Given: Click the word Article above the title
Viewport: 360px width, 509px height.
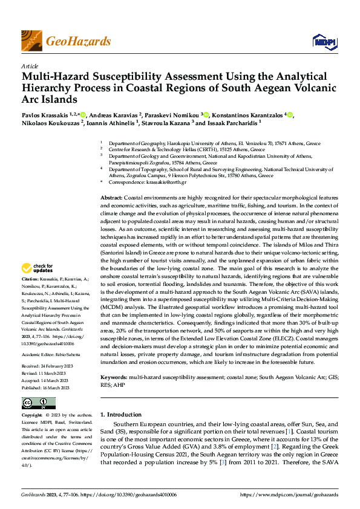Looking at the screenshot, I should (x=30, y=66).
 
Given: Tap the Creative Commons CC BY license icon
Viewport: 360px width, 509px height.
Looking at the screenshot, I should (x=39, y=403).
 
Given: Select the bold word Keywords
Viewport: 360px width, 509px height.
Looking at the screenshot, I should (x=114, y=377).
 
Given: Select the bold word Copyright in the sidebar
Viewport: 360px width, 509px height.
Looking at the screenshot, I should (x=33, y=415).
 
